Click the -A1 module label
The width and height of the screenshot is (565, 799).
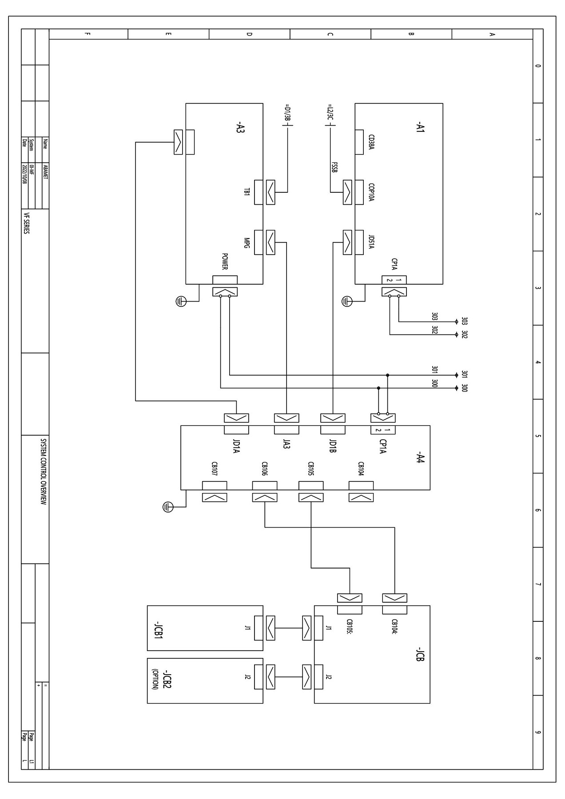click(420, 129)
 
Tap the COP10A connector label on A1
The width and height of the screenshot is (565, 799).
click(371, 193)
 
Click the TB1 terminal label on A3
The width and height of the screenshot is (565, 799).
click(247, 192)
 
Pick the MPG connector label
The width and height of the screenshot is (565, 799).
click(247, 242)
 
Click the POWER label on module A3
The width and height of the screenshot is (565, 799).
click(225, 262)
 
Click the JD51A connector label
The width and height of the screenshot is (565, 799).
click(371, 242)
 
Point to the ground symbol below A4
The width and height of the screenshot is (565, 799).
click(167, 506)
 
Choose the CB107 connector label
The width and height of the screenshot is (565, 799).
click(214, 469)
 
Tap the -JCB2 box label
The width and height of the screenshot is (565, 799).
click(167, 679)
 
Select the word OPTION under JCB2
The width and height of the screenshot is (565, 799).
click(155, 679)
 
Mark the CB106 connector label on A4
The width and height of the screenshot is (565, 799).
click(264, 469)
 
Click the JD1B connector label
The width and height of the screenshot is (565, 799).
click(333, 446)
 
